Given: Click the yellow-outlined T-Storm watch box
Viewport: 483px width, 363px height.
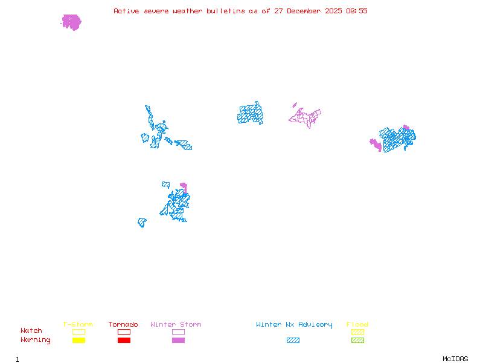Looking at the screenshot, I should point(78,332).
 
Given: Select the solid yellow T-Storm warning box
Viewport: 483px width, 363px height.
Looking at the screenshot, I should point(78,340).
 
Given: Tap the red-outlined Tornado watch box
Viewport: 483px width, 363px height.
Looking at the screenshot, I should point(124,332).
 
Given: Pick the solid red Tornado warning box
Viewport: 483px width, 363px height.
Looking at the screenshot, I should point(124,340).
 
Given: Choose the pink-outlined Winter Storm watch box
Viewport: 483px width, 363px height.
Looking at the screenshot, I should point(178,332).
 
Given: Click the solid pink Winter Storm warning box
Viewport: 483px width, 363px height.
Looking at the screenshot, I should point(178,340).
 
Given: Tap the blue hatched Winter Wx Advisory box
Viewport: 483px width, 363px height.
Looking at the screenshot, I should point(293,340).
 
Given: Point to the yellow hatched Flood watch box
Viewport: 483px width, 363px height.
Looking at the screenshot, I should point(357,332).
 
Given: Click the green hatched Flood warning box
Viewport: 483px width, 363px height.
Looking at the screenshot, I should point(357,340).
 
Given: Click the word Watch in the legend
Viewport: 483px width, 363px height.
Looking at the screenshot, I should point(31,331).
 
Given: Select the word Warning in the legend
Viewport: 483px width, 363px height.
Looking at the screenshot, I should point(36,340).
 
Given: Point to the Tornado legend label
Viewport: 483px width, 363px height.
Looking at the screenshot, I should point(123,325).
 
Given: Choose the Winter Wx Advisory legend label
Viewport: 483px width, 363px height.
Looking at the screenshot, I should point(294,325).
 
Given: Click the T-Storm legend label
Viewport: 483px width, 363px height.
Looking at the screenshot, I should point(78,325).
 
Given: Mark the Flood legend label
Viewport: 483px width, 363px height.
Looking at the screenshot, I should point(357,325).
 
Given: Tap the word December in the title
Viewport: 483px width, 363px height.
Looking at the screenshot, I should point(303,11).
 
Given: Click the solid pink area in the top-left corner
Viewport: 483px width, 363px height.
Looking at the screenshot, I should point(71,22).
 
